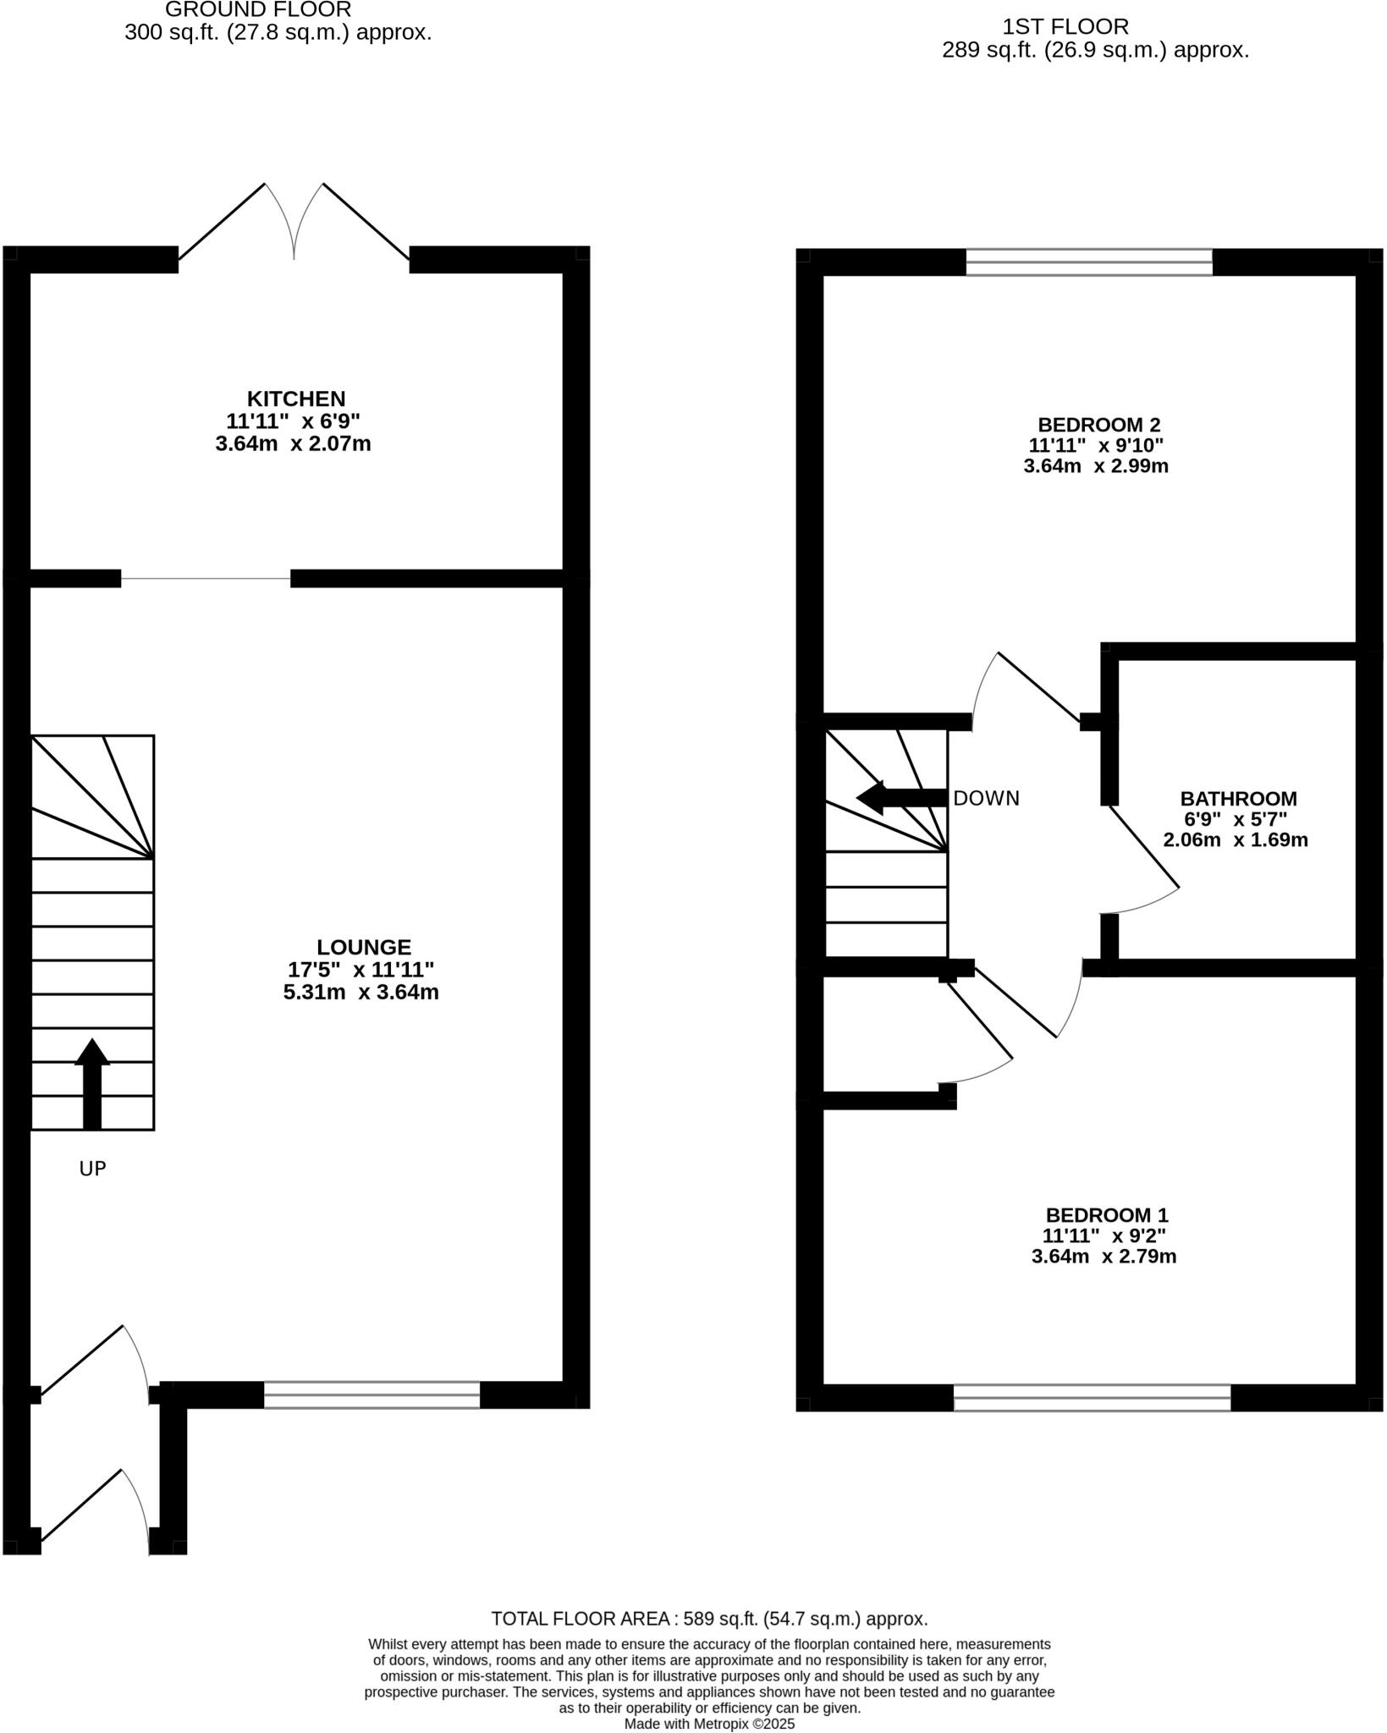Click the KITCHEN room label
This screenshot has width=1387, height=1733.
[x=295, y=399]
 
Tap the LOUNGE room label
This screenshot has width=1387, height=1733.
[x=363, y=948]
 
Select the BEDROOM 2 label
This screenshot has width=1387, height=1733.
[x=1098, y=425]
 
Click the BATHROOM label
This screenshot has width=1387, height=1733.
[x=1238, y=799]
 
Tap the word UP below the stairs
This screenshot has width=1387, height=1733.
[x=92, y=1169]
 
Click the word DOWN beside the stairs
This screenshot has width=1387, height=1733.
[x=986, y=799]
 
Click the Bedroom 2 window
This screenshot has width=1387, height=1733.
[x=1089, y=262]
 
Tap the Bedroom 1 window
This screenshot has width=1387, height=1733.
[x=1092, y=1398]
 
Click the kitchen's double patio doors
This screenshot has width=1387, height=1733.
[x=294, y=222]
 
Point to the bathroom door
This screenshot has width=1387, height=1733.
[x=1142, y=848]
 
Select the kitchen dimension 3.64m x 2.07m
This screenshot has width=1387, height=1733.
[x=293, y=443]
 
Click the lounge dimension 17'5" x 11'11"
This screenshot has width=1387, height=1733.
[x=361, y=970]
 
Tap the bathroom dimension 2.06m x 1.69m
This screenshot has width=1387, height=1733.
[x=1236, y=840]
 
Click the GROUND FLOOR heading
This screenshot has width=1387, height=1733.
[x=257, y=10]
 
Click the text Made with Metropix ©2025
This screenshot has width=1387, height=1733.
[x=709, y=1724]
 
